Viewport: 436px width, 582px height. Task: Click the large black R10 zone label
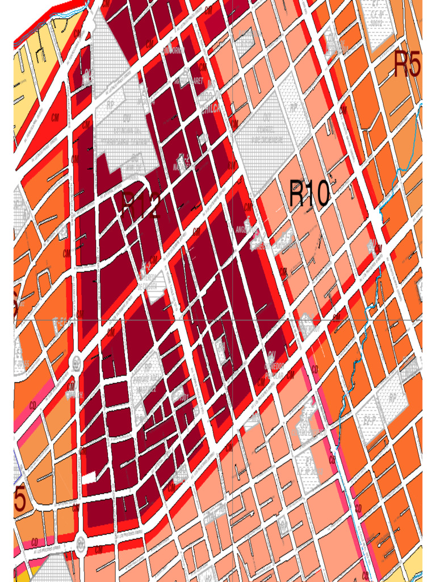click(309, 194)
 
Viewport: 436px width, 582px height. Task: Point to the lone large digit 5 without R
click(20, 500)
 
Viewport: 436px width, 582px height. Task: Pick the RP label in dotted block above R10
click(294, 106)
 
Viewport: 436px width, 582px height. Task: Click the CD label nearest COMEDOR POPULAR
click(314, 370)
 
